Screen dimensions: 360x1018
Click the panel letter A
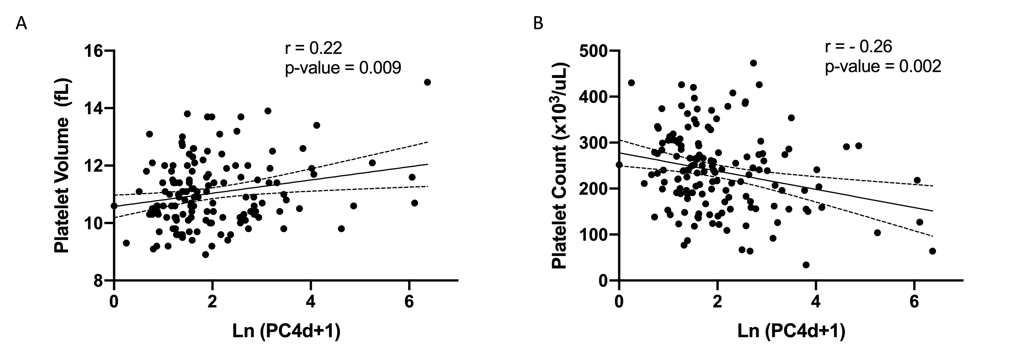tap(21, 24)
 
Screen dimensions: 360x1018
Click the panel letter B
tap(538, 24)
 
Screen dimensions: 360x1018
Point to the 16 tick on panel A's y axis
tap(93, 51)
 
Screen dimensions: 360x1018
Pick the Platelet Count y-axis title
tap(560, 166)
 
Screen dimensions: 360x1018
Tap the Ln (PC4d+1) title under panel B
tap(791, 331)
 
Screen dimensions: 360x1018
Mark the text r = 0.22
tap(313, 48)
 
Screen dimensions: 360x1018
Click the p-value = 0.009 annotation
tap(343, 68)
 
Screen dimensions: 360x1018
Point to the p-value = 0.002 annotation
tap(883, 67)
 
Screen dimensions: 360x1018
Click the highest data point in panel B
tap(753, 63)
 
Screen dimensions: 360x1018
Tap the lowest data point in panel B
tap(806, 265)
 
